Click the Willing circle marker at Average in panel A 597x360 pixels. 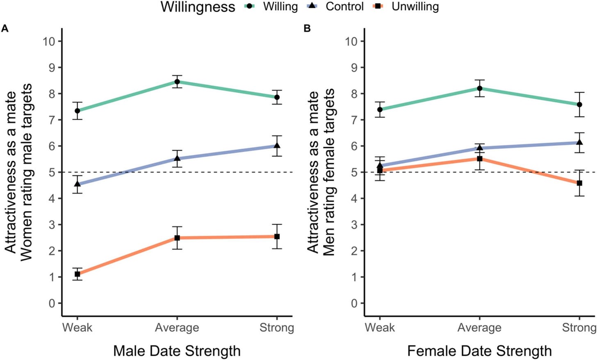point(177,82)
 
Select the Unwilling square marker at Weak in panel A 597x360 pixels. point(77,274)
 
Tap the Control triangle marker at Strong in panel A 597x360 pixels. point(277,146)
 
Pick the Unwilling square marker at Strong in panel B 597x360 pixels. point(579,183)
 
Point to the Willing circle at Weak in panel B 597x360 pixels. point(380,109)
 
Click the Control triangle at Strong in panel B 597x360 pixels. point(579,142)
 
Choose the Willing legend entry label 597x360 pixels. point(280,7)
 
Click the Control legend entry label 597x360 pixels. point(344,7)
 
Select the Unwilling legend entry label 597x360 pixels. point(415,7)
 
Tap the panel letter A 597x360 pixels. point(5,28)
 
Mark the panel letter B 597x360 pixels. point(307,28)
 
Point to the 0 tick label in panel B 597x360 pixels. point(354,303)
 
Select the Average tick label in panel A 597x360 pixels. point(177,328)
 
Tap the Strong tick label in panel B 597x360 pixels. point(579,328)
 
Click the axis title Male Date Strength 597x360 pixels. point(177,351)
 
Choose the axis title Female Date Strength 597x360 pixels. point(479,351)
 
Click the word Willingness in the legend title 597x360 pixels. point(198,7)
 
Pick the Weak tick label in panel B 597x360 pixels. point(380,328)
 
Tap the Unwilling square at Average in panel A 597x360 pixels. point(177,238)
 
